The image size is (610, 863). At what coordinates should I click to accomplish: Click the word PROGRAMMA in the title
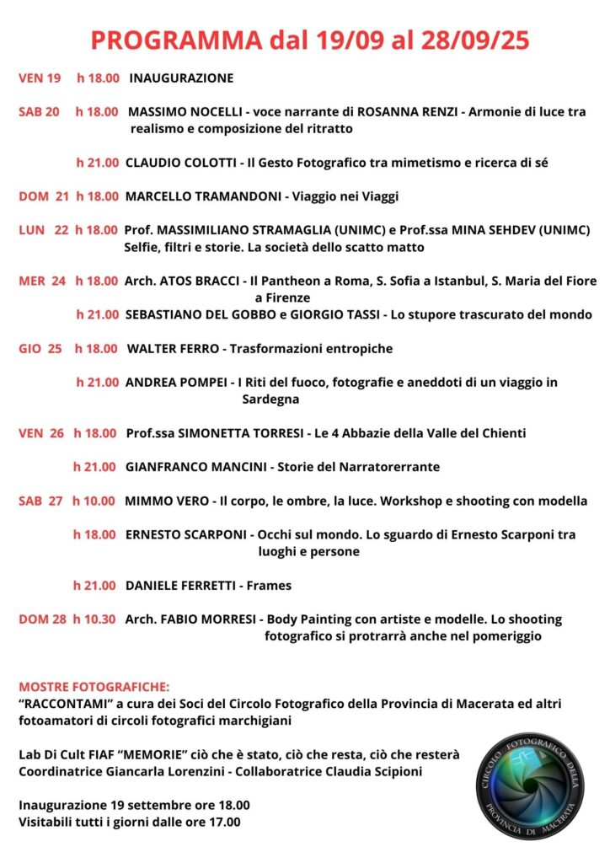(175, 40)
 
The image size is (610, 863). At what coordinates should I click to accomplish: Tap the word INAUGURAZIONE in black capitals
(181, 78)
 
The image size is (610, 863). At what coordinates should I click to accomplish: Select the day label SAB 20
(39, 111)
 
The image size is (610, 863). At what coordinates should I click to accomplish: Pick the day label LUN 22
(43, 229)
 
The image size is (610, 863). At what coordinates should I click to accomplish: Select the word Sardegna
(270, 399)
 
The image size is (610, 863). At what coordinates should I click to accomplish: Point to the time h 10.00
(94, 501)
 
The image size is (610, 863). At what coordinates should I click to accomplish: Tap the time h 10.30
(94, 619)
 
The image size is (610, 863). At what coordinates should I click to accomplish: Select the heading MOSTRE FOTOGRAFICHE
(94, 687)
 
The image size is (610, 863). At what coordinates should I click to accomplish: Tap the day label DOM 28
(43, 619)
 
